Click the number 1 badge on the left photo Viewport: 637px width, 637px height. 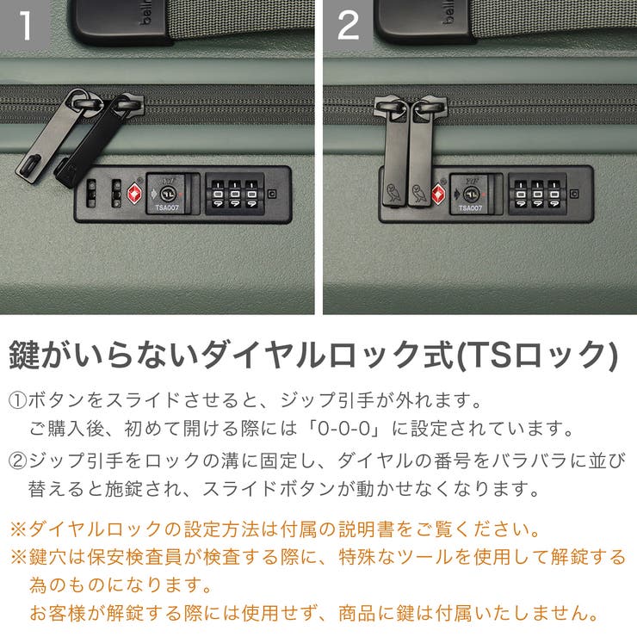[25, 25]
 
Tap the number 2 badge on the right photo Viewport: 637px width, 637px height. [348, 25]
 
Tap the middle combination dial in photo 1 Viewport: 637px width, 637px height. [234, 195]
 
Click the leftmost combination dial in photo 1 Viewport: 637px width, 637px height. [218, 195]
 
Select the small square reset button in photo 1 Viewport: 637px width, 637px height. [272, 194]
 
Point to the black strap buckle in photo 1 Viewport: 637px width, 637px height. [108, 22]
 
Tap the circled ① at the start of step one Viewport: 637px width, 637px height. [18, 401]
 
